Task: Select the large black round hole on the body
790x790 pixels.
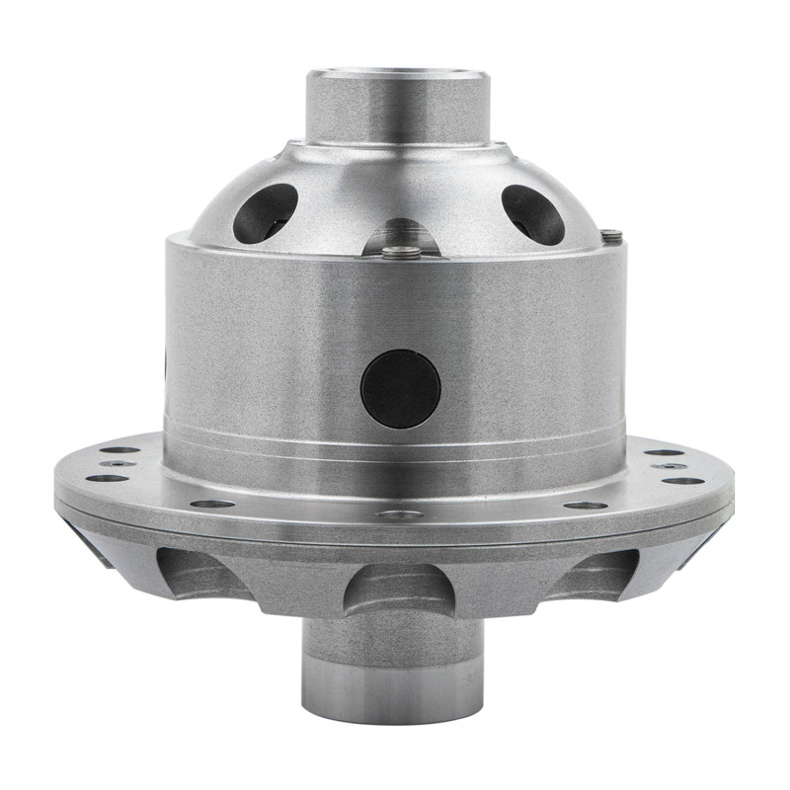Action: point(400,388)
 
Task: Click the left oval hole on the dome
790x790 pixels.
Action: point(265,212)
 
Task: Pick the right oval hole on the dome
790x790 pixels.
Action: point(532,213)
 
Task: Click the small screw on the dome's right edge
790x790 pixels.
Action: point(611,236)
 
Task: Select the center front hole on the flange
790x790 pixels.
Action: point(399,514)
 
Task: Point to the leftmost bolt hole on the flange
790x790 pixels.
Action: point(107,479)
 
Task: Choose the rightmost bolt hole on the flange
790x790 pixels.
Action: point(683,480)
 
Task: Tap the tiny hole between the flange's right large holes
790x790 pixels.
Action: point(669,465)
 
